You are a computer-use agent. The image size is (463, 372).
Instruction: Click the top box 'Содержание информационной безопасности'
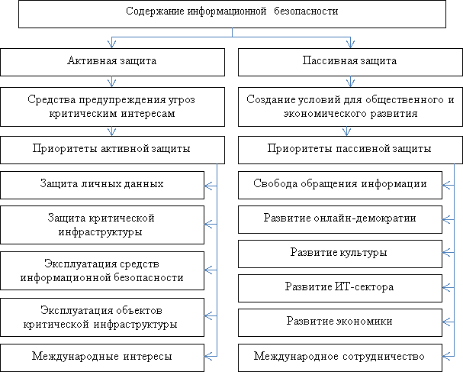coord(231,13)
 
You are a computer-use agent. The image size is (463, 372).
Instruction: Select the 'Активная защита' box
coord(112,61)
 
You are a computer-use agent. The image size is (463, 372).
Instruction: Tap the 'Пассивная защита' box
coord(350,61)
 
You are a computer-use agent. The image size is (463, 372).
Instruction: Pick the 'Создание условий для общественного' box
coord(350,105)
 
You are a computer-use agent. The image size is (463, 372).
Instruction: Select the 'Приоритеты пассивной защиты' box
coord(350,148)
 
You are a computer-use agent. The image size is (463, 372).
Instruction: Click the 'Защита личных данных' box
coord(101,184)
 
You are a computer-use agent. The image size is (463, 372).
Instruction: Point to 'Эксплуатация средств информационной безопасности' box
coord(101,270)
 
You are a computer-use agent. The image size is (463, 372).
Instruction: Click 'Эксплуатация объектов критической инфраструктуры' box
coord(101,316)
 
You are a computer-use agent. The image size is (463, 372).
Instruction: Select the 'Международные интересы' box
coord(101,356)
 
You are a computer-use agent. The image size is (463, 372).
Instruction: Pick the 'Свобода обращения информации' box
coord(339,184)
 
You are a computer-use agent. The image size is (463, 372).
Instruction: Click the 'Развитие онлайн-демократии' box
coord(339,218)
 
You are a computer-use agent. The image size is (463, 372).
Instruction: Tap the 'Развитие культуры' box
coord(339,252)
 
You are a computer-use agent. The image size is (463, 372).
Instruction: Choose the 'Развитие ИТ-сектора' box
coord(339,287)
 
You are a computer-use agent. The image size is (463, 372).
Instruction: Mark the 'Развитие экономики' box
coord(339,322)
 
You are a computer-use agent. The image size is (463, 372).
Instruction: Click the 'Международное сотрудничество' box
coord(339,356)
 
